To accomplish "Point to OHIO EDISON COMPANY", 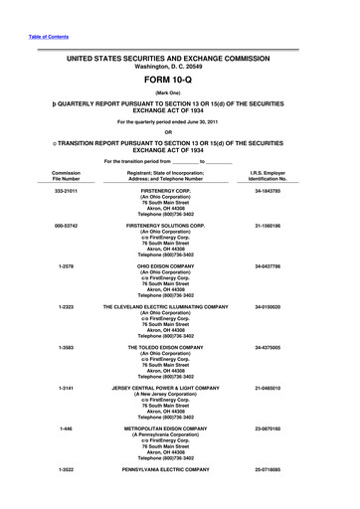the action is point(179,294).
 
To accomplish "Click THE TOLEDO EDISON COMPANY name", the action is point(179,377).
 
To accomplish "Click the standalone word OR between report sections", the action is point(180,134).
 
